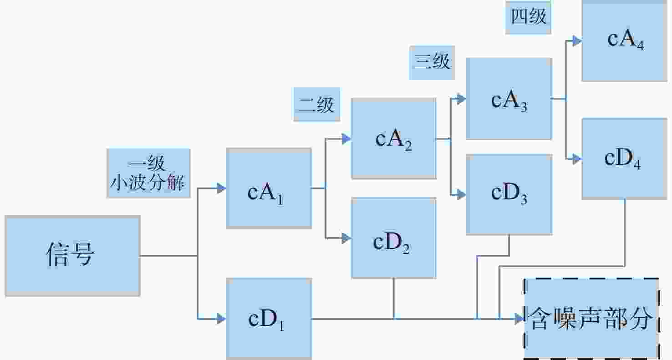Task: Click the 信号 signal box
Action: tap(72, 256)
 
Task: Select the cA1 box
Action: tap(269, 188)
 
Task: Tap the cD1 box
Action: tap(269, 319)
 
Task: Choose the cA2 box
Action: tap(394, 139)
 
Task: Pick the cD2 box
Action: tap(394, 238)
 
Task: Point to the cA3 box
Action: tap(509, 99)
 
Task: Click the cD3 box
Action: tap(509, 194)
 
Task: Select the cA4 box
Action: tap(625, 41)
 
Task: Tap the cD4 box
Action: tap(625, 159)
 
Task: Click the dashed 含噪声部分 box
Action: tap(591, 319)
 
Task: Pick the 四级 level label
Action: tap(528, 17)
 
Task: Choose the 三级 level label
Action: tap(432, 63)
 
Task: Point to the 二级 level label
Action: tap(317, 104)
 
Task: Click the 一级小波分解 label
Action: tap(148, 173)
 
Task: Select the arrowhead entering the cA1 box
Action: tap(221, 188)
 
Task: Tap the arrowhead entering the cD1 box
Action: tap(221, 319)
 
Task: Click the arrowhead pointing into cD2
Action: tap(346, 238)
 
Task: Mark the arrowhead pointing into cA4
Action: tap(577, 41)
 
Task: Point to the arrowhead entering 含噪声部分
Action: tap(519, 319)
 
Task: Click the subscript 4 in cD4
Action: tap(637, 165)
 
